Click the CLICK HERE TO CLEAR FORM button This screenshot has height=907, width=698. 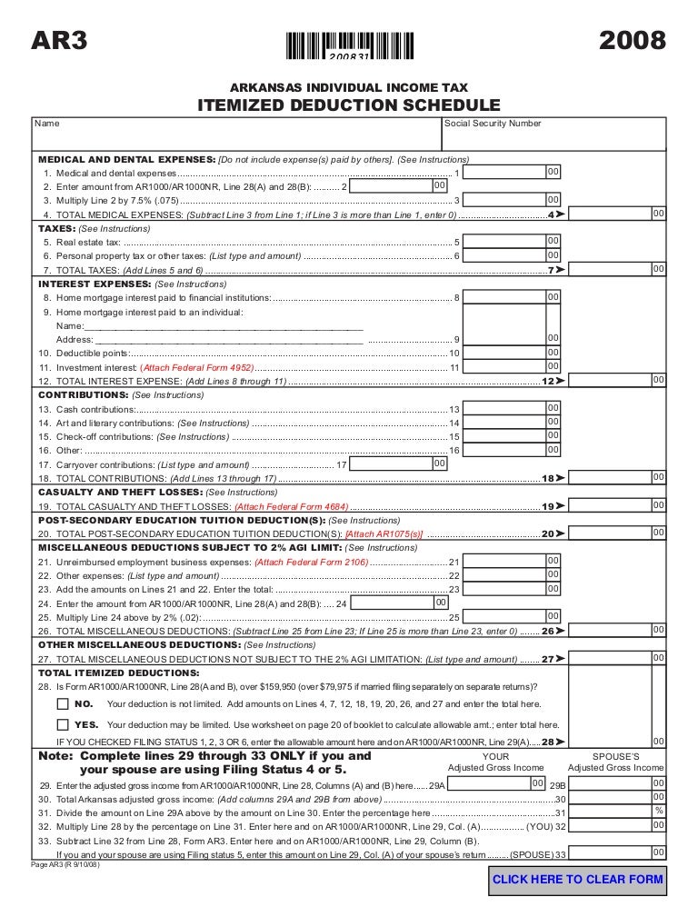click(x=578, y=879)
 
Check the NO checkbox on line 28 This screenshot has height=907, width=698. click(x=62, y=703)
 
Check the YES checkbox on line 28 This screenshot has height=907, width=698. click(x=62, y=724)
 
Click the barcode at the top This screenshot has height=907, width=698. click(x=350, y=45)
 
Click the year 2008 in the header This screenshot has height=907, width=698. click(x=633, y=41)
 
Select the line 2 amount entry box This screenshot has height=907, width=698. click(x=391, y=185)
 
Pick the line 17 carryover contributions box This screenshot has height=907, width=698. click(x=391, y=463)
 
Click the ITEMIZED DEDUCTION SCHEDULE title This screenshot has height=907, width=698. click(x=349, y=106)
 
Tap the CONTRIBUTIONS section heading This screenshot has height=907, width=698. click(x=83, y=395)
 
